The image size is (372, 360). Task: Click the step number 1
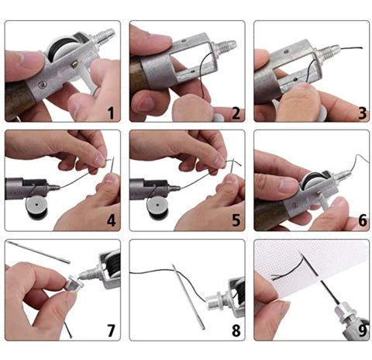point(111,113)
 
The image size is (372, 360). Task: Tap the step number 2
point(236,113)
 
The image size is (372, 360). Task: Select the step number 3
point(363,113)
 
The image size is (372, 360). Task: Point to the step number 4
point(111,220)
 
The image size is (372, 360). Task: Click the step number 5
point(236,220)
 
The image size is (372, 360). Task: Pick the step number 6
point(363,220)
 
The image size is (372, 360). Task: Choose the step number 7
point(111,331)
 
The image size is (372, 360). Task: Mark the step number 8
point(236,331)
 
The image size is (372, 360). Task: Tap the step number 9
point(363,331)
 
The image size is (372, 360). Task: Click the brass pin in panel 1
point(75,64)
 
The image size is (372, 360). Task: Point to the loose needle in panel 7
point(38,252)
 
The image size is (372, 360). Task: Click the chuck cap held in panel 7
point(73,283)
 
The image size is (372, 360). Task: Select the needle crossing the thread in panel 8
point(188,296)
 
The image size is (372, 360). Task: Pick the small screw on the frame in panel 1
point(41,85)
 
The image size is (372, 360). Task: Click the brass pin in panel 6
point(319,192)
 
